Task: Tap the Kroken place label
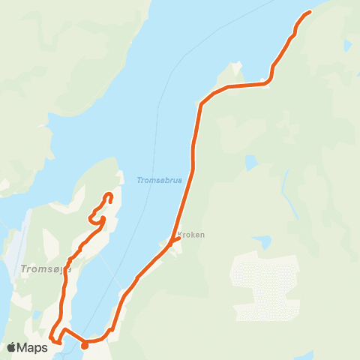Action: [190, 235]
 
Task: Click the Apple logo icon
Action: [12, 347]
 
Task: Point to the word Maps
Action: [34, 347]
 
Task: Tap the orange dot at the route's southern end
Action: [84, 346]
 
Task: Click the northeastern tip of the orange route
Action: [309, 12]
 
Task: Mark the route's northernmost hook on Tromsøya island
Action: [109, 196]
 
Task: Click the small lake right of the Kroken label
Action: [262, 242]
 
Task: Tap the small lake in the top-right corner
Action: [347, 46]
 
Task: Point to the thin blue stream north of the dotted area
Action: [285, 184]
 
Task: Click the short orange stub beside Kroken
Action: [176, 241]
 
